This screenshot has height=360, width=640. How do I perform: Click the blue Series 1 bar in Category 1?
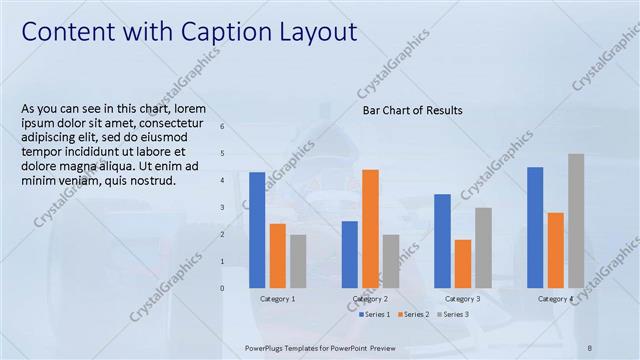pyautogui.click(x=257, y=230)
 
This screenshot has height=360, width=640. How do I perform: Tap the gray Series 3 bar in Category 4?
pyautogui.click(x=576, y=221)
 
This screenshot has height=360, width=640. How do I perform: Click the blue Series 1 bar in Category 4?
pyautogui.click(x=535, y=227)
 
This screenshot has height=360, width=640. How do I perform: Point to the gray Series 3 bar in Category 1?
pyautogui.click(x=298, y=261)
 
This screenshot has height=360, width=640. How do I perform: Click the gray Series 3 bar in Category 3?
pyautogui.click(x=483, y=248)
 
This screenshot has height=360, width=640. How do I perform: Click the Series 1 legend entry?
pyautogui.click(x=376, y=314)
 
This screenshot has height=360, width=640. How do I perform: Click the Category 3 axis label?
pyautogui.click(x=462, y=299)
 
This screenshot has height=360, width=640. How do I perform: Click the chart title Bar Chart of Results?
pyautogui.click(x=412, y=110)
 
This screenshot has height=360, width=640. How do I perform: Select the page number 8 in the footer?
pyautogui.click(x=590, y=346)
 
